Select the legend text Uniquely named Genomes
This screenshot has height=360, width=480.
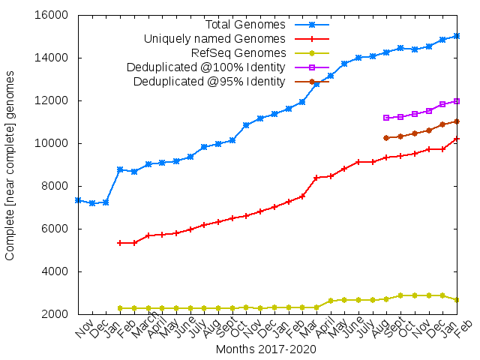point(214,38)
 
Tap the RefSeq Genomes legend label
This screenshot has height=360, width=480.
point(238,52)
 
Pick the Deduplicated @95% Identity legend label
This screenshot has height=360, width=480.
point(209,81)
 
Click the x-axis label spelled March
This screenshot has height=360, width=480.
point(139,333)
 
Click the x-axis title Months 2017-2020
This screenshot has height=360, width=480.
point(266,349)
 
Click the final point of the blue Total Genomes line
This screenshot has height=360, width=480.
point(457,36)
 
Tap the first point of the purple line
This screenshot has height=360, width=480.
point(386,118)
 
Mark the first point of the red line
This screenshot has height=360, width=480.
point(120,243)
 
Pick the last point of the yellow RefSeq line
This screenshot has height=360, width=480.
point(457,300)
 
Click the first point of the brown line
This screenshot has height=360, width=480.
point(386,138)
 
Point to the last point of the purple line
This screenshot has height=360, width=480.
point(457,101)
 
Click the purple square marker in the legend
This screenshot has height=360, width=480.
point(313,67)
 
